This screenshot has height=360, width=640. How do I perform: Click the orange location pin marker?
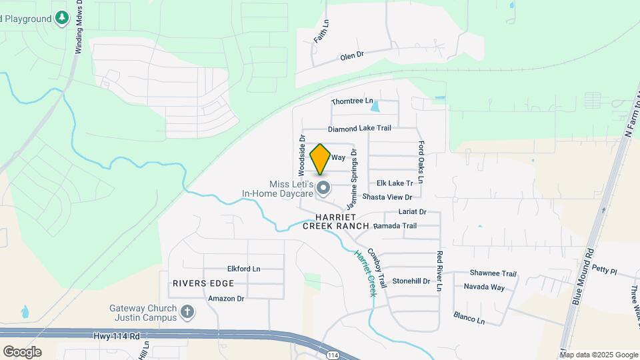[321, 159]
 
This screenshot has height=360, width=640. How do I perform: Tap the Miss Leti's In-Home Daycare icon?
[324, 189]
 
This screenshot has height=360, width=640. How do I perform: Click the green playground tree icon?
[62, 17]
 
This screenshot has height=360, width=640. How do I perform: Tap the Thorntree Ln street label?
[353, 101]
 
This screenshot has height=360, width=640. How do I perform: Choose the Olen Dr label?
[351, 56]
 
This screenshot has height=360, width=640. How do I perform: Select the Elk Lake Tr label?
[395, 183]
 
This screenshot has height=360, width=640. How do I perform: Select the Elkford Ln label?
[243, 269]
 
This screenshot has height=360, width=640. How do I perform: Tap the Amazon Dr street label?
[226, 298]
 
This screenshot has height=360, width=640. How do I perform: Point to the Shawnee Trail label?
[493, 273]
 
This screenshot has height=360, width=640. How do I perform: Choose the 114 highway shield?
[333, 355]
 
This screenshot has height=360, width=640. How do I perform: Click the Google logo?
[22, 351]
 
